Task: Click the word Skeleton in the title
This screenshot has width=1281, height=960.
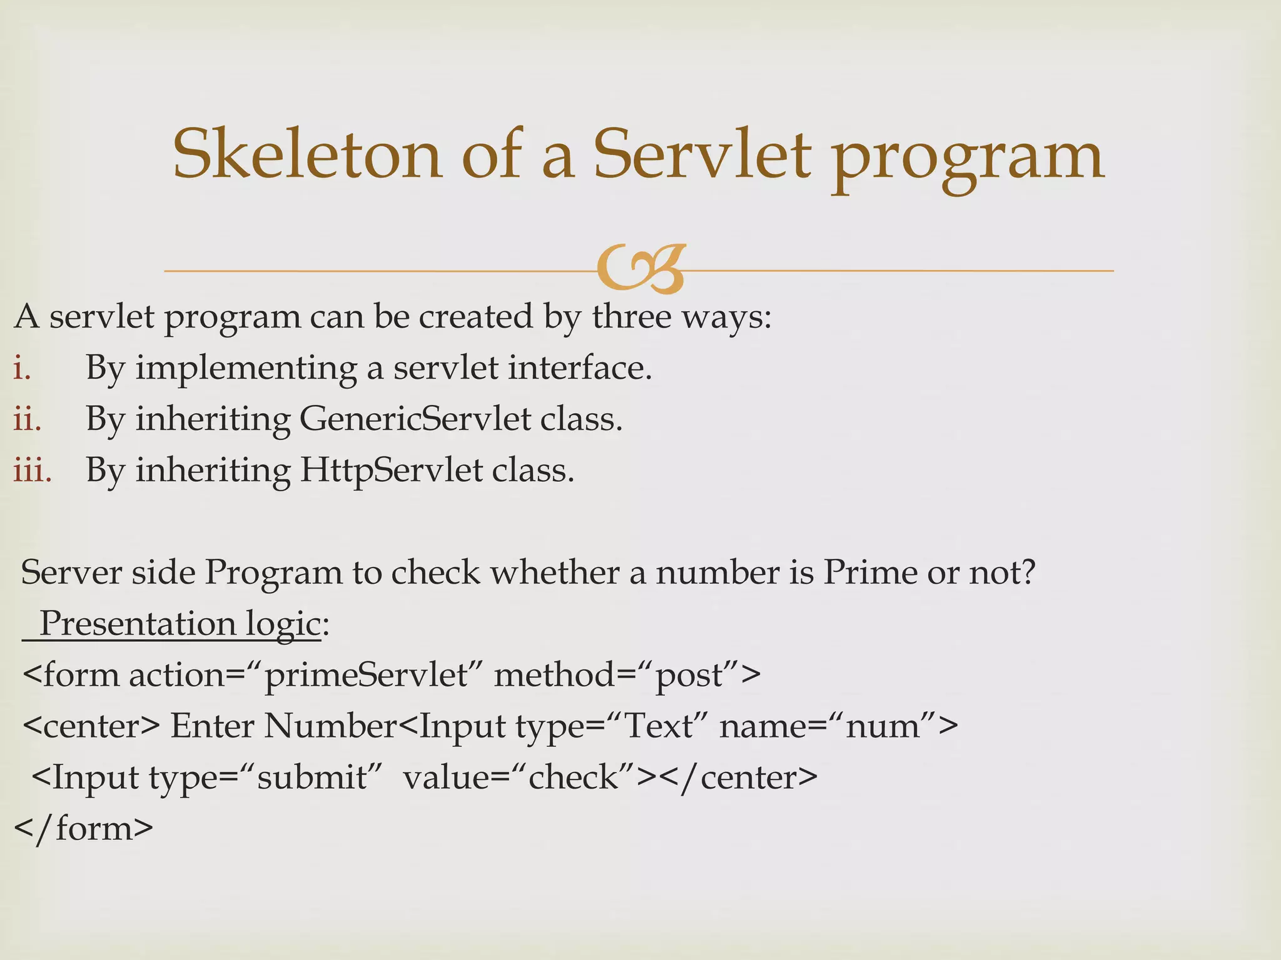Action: pos(307,154)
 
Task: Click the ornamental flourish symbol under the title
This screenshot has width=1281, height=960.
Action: pos(640,269)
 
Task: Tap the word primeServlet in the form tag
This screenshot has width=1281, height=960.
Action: pos(366,675)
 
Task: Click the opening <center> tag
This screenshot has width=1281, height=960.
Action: pos(91,726)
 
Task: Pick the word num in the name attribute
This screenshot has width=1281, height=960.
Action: pos(883,726)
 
